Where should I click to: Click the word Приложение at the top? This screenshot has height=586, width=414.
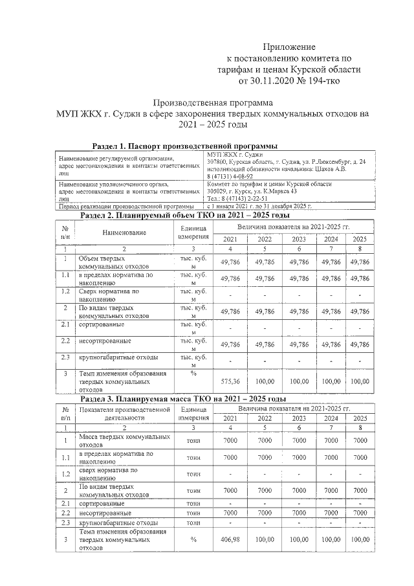[289, 47]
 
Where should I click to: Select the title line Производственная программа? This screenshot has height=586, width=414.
[213, 102]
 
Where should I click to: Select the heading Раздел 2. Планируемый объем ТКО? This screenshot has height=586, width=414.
[184, 215]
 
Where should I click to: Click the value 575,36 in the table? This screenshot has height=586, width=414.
[231, 381]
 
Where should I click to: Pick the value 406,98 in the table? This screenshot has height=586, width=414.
[231, 539]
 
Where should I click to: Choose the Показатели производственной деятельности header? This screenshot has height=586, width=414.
[123, 414]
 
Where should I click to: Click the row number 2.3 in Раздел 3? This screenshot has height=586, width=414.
[65, 522]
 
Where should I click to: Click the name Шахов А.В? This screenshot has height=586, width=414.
[329, 169]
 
